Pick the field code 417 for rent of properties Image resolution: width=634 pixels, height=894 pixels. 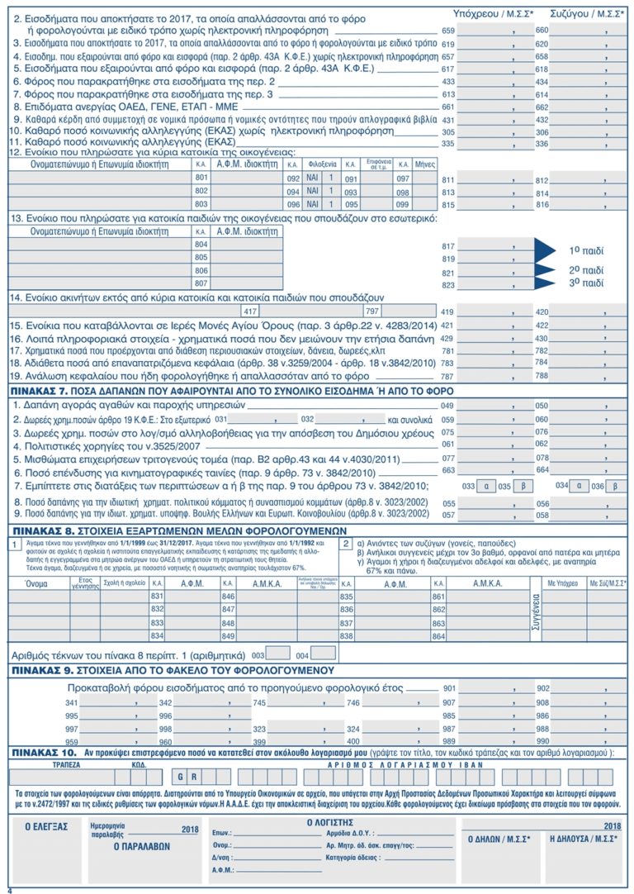(x=251, y=311)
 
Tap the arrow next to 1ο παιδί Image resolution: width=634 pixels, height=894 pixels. (x=548, y=249)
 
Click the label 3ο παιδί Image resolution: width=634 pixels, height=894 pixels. (x=587, y=283)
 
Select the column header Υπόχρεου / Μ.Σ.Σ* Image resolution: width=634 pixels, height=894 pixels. (x=494, y=13)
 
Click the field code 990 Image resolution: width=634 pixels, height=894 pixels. (x=544, y=743)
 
